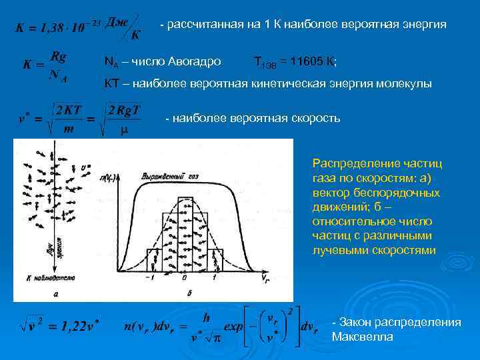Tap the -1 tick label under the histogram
[153, 277]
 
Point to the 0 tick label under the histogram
[183, 277]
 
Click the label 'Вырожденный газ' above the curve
[166, 176]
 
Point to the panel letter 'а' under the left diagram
[53, 293]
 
